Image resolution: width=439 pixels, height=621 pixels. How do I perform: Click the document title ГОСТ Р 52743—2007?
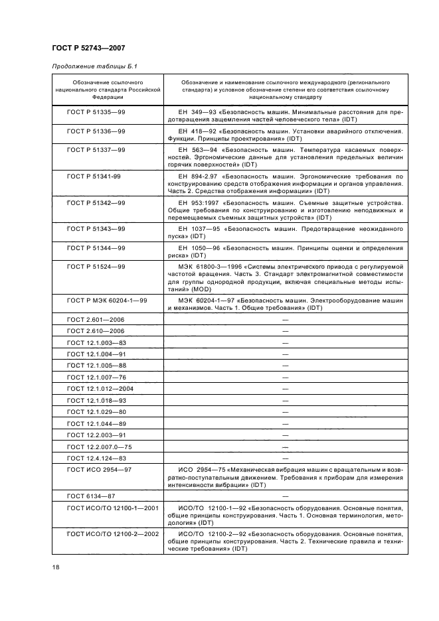tap(88, 48)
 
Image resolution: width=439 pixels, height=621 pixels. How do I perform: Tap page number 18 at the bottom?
tap(56, 567)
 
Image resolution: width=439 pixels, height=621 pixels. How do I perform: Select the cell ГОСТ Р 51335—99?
tap(96, 112)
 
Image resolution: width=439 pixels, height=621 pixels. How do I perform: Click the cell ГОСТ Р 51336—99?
tap(96, 131)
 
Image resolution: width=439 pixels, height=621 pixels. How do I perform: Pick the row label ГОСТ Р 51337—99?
tap(96, 151)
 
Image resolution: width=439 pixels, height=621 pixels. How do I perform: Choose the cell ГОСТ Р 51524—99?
tap(96, 266)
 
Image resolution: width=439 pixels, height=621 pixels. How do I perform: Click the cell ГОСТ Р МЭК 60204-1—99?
tap(107, 300)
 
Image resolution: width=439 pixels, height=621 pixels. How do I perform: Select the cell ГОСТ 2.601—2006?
tap(96, 320)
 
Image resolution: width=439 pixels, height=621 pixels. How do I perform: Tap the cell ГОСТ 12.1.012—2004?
tap(100, 388)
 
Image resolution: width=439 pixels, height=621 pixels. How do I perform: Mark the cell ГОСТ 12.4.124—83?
tap(96, 458)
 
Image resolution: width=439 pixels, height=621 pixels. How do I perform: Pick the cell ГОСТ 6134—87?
tap(92, 496)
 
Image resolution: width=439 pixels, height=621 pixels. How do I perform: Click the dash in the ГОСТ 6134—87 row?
tap(285, 496)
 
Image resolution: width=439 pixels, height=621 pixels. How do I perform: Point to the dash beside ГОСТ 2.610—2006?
tap(285, 331)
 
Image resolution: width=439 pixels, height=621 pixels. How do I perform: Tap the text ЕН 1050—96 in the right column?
tap(199, 247)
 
